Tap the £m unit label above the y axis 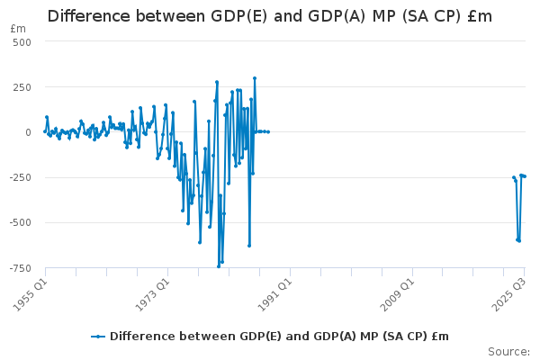[18, 29]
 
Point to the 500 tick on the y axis [22, 42]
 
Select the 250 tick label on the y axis [22, 87]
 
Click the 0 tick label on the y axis [29, 132]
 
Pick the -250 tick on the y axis [20, 177]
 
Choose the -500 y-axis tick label [20, 222]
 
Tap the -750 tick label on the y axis [20, 267]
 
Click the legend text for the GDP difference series [279, 337]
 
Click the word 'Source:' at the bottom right [508, 351]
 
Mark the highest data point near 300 [254, 78]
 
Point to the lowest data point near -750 [218, 266]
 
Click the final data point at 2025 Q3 [525, 176]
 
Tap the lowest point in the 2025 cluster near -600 [519, 240]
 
